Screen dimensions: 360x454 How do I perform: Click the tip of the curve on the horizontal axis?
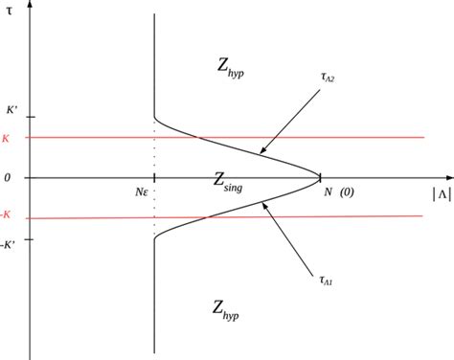[x=321, y=177]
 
